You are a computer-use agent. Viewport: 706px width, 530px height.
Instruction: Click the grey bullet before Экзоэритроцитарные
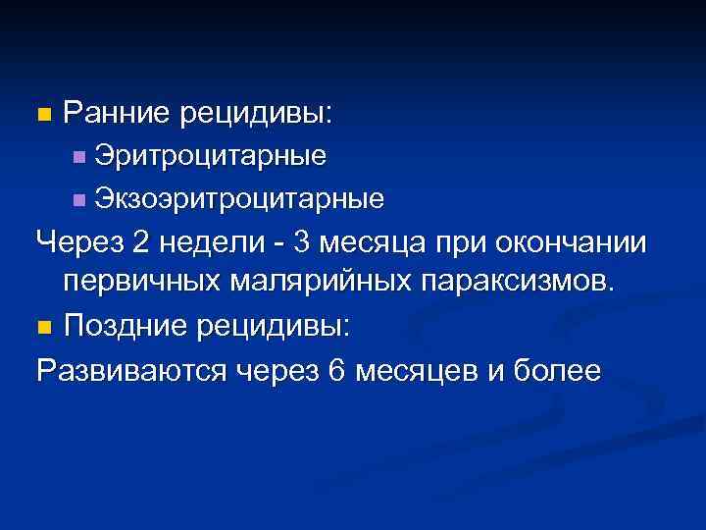[79, 200]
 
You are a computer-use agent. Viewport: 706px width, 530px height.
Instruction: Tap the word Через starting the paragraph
[78, 241]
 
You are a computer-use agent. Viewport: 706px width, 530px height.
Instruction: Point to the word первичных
[143, 284]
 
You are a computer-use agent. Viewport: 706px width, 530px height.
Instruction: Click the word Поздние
[124, 326]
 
